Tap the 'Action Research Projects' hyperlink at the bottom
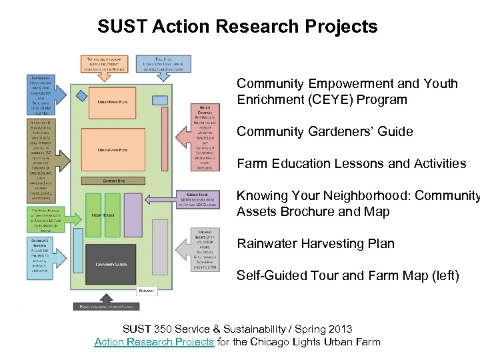click(154, 342)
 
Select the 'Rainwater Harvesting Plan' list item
click(315, 243)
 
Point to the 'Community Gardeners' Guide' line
click(325, 131)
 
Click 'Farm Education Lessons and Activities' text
click(351, 163)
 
